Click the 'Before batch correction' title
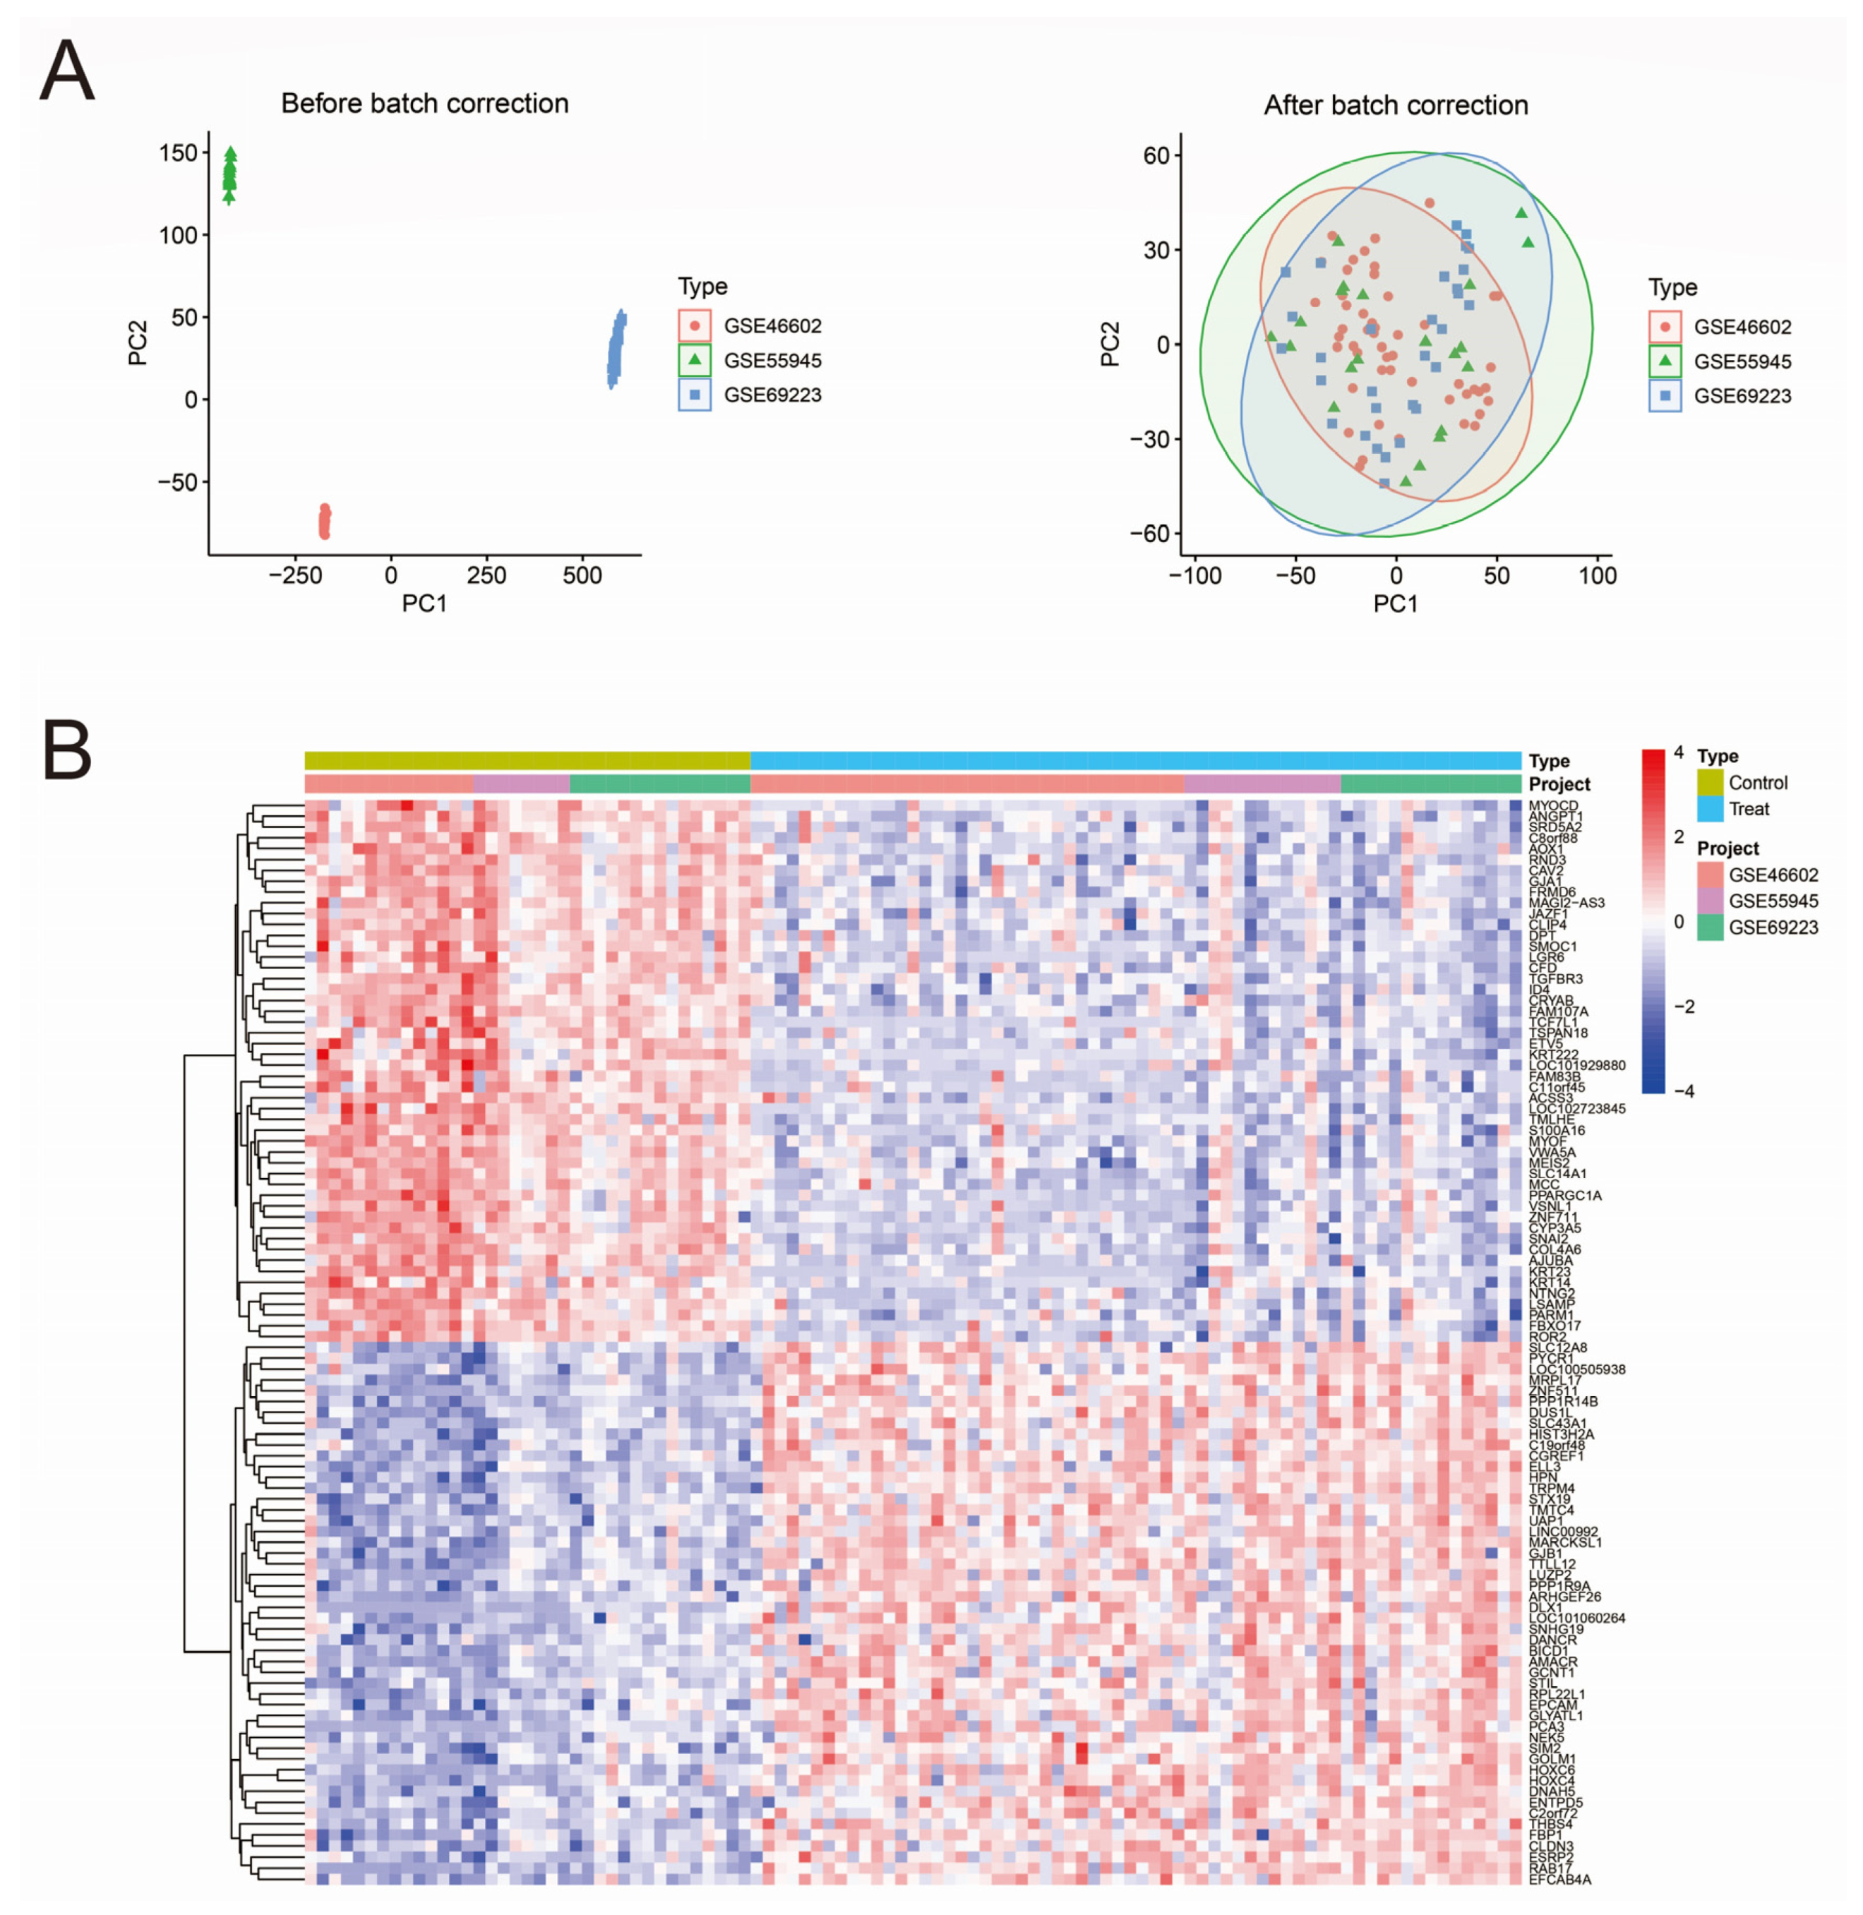point(425,104)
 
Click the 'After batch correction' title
point(1395,106)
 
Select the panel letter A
point(66,71)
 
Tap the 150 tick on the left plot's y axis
point(178,152)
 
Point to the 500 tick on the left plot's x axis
point(582,575)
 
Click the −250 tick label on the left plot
point(294,575)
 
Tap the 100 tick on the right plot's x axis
point(1598,575)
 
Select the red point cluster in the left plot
point(325,522)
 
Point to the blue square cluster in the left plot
point(616,350)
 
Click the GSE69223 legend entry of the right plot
point(1742,396)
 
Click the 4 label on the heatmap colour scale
point(1679,752)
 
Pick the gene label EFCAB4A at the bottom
point(1559,1879)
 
